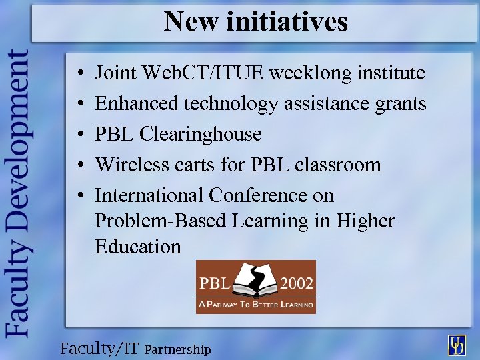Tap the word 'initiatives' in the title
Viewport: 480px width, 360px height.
coord(287,21)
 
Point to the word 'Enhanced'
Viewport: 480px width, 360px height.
coord(137,103)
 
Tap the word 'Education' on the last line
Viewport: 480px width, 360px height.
coord(138,247)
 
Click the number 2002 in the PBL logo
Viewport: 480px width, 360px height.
coord(297,283)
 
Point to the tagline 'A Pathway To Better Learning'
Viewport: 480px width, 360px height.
coord(255,305)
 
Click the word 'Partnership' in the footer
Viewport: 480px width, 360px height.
coord(177,349)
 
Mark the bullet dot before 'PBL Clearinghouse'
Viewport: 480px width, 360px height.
coord(79,135)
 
